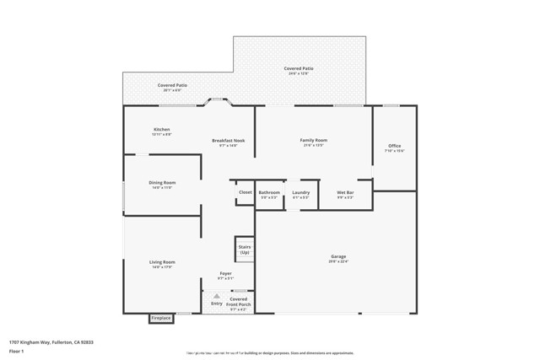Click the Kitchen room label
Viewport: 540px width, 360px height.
pos(161,130)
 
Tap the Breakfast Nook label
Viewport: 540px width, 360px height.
pos(228,141)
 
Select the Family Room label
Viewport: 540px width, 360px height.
pos(314,140)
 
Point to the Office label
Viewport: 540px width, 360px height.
pos(395,146)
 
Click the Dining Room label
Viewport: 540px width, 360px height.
pos(163,183)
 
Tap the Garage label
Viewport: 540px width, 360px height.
pos(338,256)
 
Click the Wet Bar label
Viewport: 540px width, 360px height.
pos(345,192)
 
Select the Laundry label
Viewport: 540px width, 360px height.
pos(301,192)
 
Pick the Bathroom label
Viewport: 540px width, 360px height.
pos(269,192)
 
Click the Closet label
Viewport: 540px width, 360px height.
pos(245,192)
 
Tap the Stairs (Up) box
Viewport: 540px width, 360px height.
pos(245,250)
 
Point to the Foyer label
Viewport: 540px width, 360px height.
pos(225,273)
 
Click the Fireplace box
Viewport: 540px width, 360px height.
pos(161,319)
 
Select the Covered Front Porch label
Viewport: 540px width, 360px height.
pos(239,302)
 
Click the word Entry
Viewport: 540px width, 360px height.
pos(217,304)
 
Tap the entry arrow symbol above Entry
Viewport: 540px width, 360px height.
pos(217,296)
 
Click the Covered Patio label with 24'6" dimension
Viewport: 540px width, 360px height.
pos(298,69)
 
